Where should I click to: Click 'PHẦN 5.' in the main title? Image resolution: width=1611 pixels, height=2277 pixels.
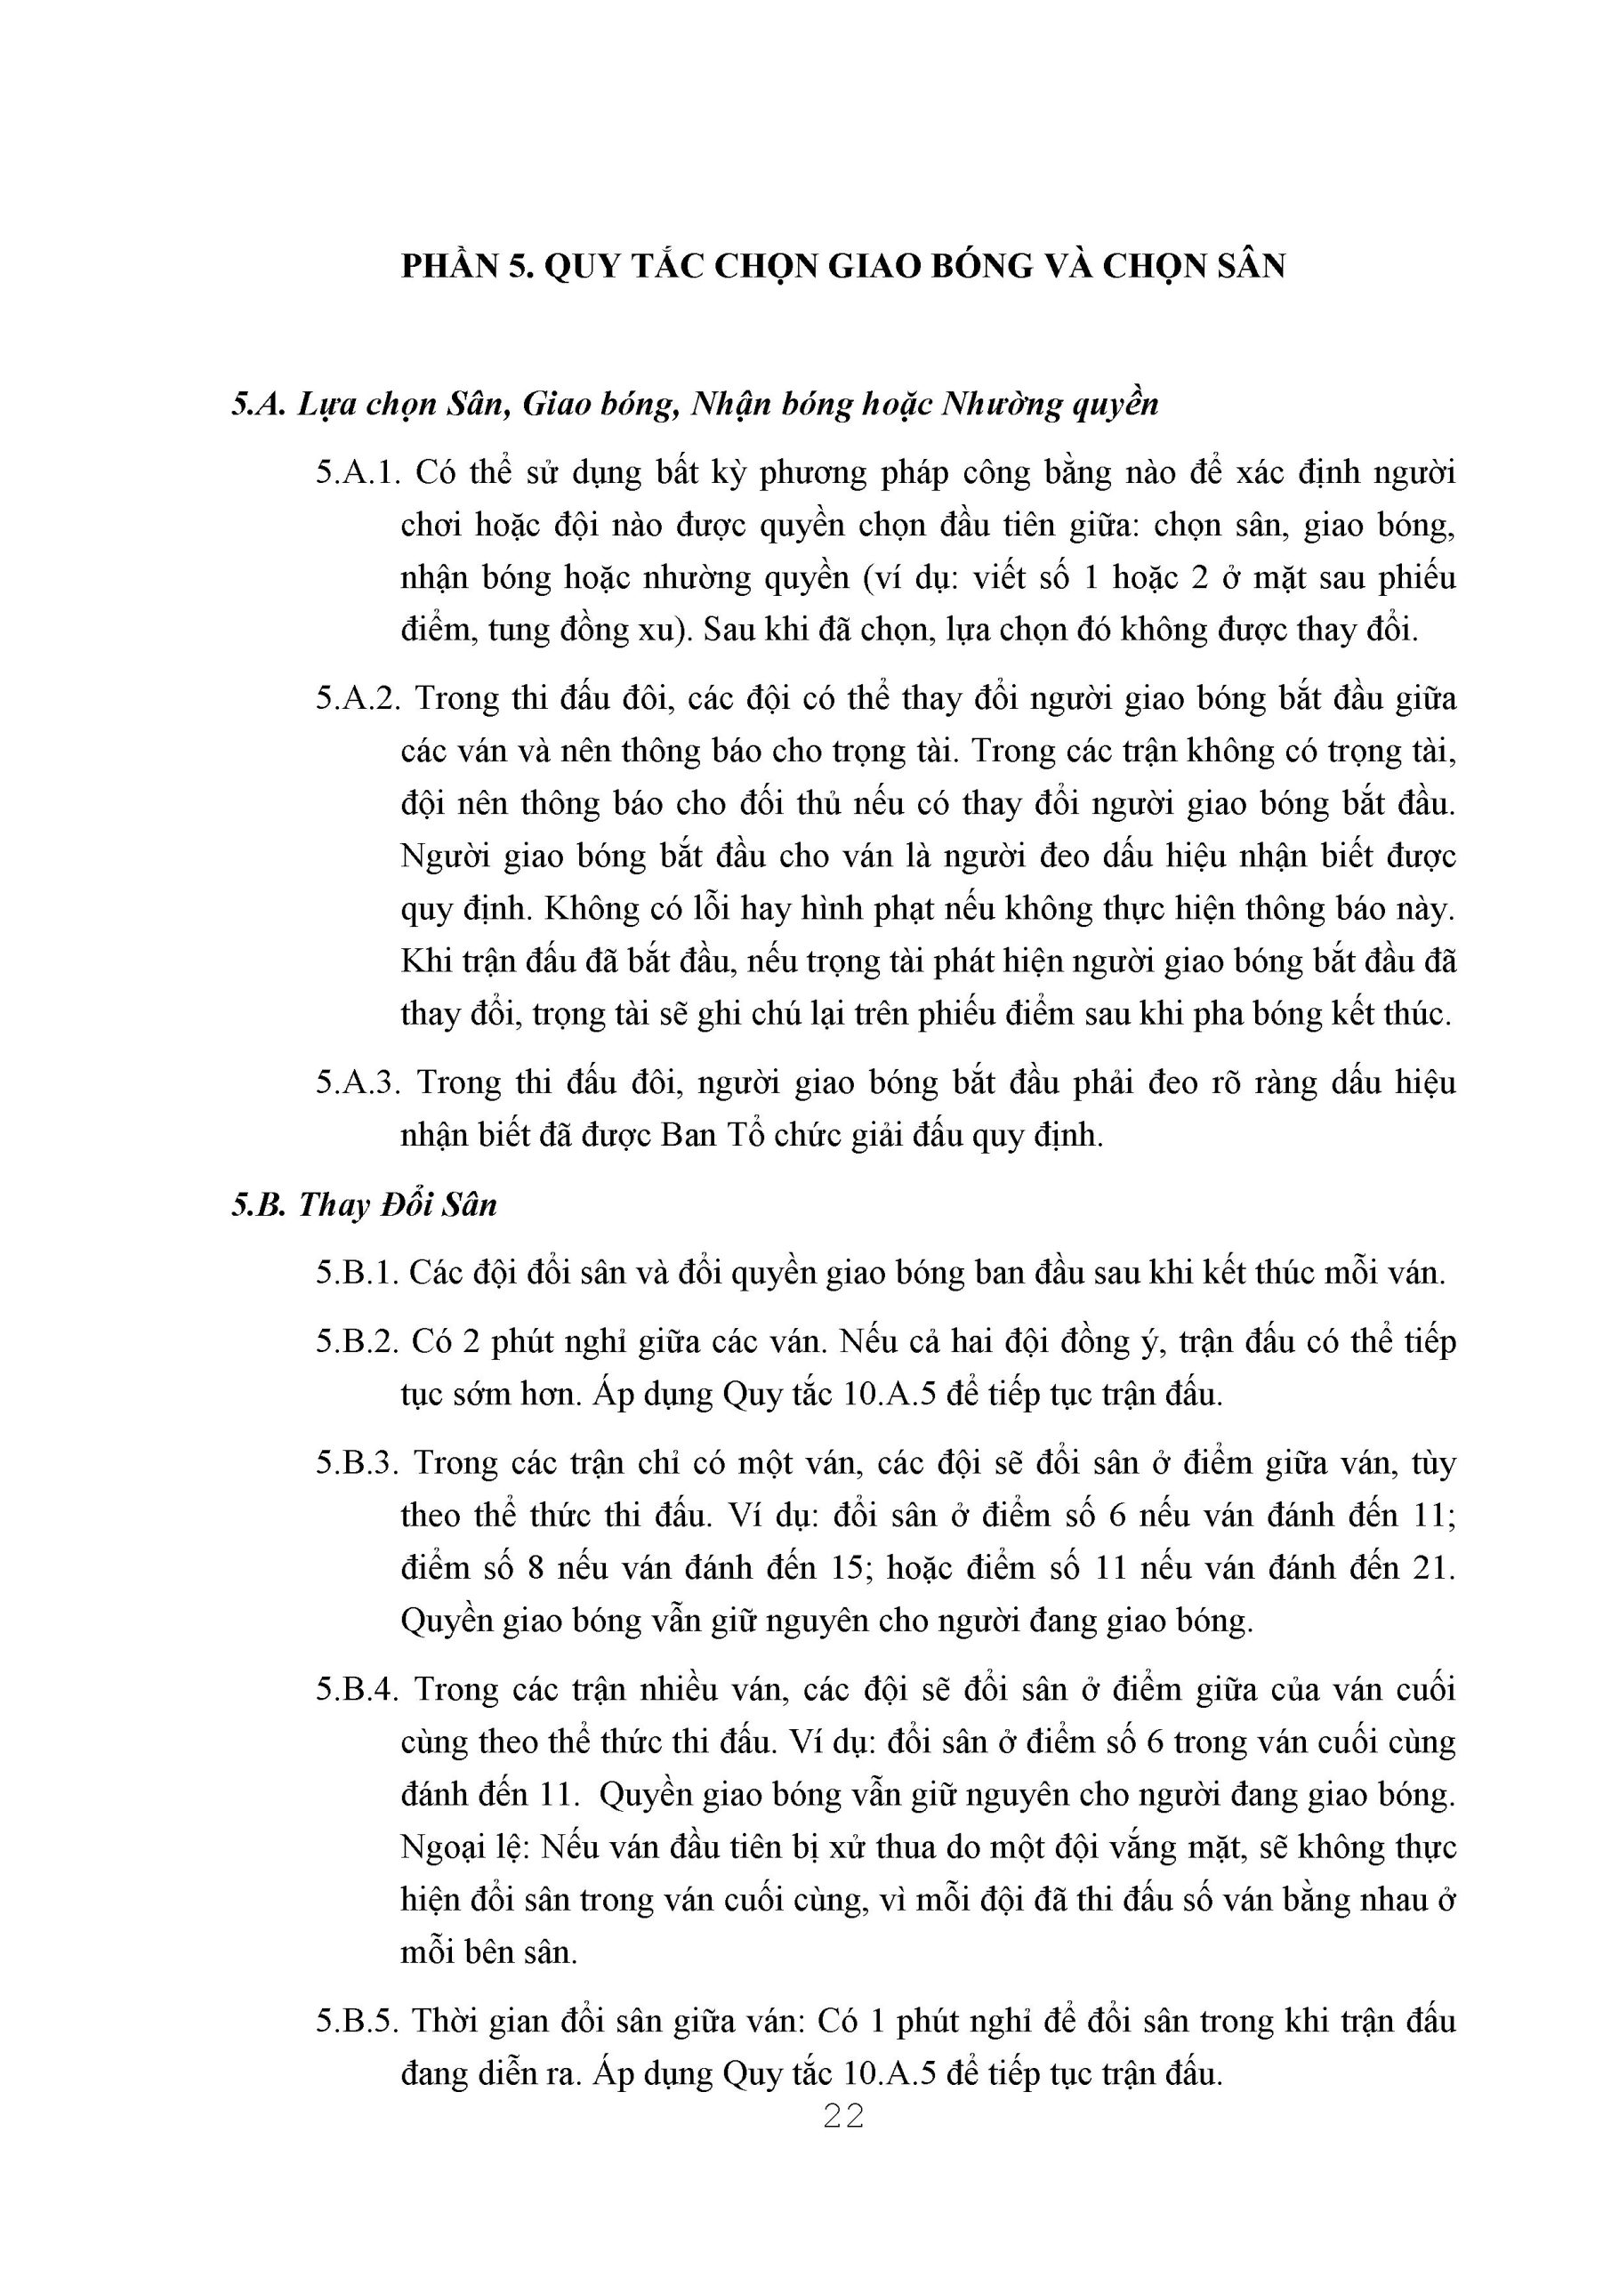pos(466,267)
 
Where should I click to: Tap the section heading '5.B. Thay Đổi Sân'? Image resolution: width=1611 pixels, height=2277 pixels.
pos(364,1205)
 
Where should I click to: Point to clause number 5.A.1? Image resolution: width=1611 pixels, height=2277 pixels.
pos(357,473)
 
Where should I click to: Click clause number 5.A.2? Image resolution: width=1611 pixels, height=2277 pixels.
pos(357,699)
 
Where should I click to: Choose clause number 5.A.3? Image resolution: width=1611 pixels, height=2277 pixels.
pos(357,1082)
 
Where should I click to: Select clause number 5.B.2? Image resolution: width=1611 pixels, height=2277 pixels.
pos(357,1342)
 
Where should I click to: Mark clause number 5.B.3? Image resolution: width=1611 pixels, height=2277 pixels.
pos(357,1463)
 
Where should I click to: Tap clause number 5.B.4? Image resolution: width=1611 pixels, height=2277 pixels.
pos(357,1689)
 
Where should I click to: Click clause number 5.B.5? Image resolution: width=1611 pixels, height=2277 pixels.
pos(357,2020)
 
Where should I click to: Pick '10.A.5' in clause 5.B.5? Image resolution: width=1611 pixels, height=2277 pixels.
pos(890,2072)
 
